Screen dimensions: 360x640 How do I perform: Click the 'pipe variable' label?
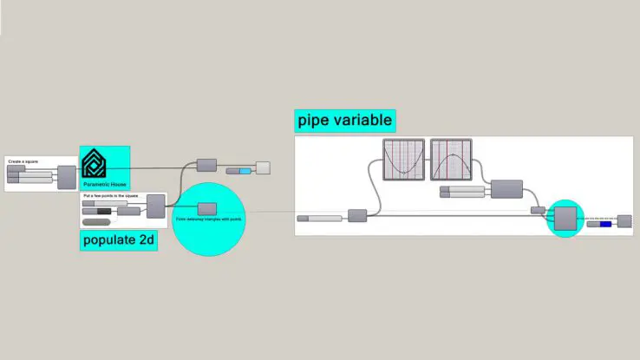[x=344, y=120]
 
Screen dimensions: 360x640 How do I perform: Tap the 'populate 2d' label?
[x=119, y=240]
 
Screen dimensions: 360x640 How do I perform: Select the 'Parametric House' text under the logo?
[x=104, y=186]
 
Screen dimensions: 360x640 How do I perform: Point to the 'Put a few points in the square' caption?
[x=111, y=197]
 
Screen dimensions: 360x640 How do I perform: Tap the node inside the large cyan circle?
[x=206, y=208]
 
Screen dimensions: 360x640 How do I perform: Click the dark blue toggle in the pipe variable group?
[x=604, y=225]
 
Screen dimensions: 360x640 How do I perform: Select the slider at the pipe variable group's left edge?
[x=320, y=218]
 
